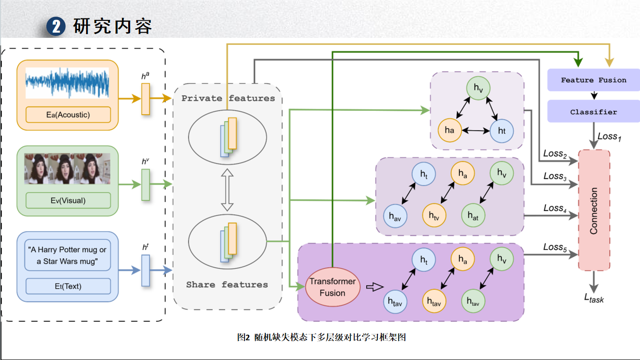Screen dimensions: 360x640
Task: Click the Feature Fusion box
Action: pyautogui.click(x=594, y=80)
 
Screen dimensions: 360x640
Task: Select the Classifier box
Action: pyautogui.click(x=594, y=112)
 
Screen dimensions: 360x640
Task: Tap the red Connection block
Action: pyautogui.click(x=594, y=211)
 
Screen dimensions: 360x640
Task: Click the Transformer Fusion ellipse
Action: pyautogui.click(x=333, y=287)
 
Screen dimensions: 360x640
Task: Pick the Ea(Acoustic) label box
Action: pyautogui.click(x=68, y=114)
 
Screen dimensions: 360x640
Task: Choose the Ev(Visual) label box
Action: pyautogui.click(x=68, y=200)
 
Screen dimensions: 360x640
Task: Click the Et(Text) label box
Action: pyautogui.click(x=68, y=286)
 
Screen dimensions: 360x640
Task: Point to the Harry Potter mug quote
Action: pyautogui.click(x=67, y=255)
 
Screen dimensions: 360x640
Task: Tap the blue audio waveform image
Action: pyautogui.click(x=67, y=83)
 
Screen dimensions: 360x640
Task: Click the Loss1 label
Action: pyautogui.click(x=609, y=137)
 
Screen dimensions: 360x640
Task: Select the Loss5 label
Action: pyautogui.click(x=555, y=247)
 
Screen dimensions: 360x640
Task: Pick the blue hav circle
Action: pyautogui.click(x=395, y=216)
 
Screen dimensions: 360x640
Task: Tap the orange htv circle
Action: pyautogui.click(x=434, y=216)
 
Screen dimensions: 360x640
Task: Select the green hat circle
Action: pyautogui.click(x=473, y=216)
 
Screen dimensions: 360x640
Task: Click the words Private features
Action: pyautogui.click(x=228, y=98)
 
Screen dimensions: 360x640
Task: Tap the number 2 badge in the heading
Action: pyautogui.click(x=56, y=27)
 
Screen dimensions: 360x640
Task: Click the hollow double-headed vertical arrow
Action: pyautogui.click(x=228, y=189)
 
